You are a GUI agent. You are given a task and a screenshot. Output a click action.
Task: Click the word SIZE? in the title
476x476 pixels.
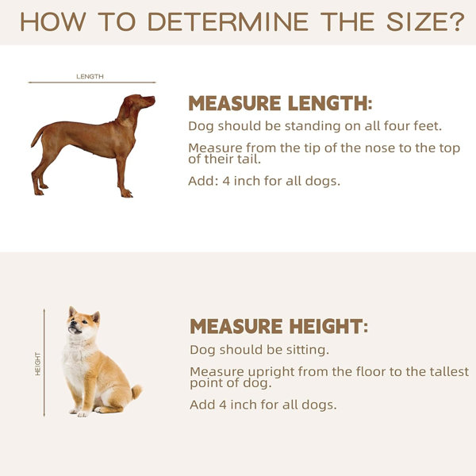tap(425, 22)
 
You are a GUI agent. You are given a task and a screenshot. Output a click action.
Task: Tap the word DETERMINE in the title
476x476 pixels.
tap(228, 22)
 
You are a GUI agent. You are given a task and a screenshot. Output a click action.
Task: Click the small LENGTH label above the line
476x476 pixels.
tap(90, 76)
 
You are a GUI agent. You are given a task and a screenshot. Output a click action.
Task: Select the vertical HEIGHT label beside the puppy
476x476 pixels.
tap(37, 363)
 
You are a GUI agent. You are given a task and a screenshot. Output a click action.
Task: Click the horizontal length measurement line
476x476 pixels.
tap(92, 83)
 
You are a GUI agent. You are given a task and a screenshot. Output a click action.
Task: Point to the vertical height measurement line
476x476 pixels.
tap(44, 363)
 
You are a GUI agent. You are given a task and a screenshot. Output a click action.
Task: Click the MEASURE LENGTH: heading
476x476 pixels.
tap(280, 103)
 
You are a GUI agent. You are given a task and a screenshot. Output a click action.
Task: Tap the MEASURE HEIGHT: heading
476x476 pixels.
tap(279, 326)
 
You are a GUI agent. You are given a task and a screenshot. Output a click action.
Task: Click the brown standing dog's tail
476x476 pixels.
tap(37, 137)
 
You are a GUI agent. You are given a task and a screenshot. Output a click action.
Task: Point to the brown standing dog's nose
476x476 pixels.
tap(154, 98)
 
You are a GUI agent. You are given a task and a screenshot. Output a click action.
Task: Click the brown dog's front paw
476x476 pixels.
tap(127, 194)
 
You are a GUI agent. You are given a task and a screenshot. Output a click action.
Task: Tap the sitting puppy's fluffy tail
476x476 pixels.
tap(136, 392)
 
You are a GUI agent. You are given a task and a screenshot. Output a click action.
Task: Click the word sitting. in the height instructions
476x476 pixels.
tap(308, 351)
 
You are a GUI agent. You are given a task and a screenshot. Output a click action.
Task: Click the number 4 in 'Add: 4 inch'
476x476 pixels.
tap(226, 181)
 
